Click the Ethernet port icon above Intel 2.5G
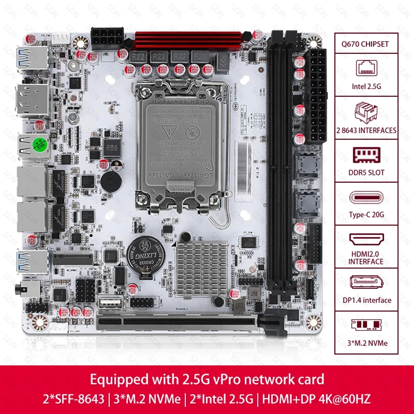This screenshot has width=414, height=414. (x=366, y=67)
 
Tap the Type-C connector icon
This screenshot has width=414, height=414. (x=366, y=197)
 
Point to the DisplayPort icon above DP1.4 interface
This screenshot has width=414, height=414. (x=366, y=283)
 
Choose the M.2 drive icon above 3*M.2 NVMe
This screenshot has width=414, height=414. (x=366, y=327)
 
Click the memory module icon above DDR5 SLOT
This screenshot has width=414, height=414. (x=366, y=154)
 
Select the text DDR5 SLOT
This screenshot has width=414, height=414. (x=366, y=172)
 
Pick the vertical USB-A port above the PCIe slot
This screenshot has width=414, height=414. (x=108, y=304)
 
